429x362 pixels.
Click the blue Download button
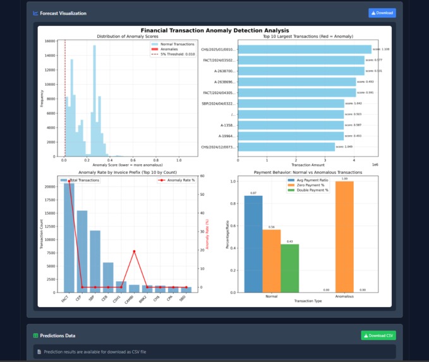coord(382,13)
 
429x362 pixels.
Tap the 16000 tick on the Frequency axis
coord(50,41)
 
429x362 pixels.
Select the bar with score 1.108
coord(304,49)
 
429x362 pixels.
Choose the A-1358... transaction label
coord(227,125)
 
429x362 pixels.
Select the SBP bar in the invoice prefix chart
coord(95,258)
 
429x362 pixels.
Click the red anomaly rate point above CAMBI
coord(133,251)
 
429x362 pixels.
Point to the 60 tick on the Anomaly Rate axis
coord(202,176)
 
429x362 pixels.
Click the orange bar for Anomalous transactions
coord(344,236)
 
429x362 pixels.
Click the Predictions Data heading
coord(57,335)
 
